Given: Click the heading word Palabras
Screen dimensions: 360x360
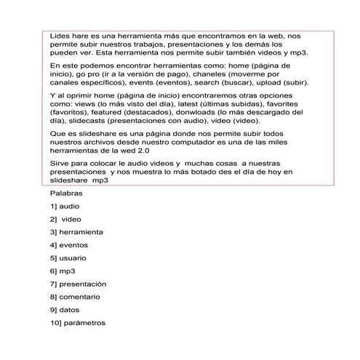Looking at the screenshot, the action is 66,193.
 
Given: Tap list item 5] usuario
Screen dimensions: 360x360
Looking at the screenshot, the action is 69,257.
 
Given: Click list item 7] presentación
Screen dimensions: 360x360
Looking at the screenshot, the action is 78,284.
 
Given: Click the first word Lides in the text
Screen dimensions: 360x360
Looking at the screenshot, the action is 61,35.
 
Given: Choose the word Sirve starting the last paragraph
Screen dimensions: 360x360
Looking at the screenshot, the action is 61,164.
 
